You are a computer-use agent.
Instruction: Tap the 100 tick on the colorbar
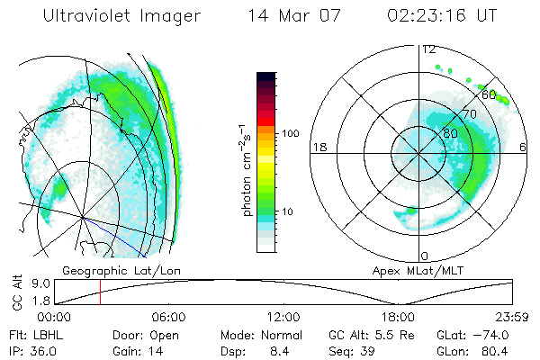tap(290, 133)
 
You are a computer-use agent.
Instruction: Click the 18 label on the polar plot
tap(318, 147)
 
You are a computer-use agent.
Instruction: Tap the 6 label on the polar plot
tap(524, 147)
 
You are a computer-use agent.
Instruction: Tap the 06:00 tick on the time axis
tap(168, 317)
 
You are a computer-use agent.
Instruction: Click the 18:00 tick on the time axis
tap(398, 317)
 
